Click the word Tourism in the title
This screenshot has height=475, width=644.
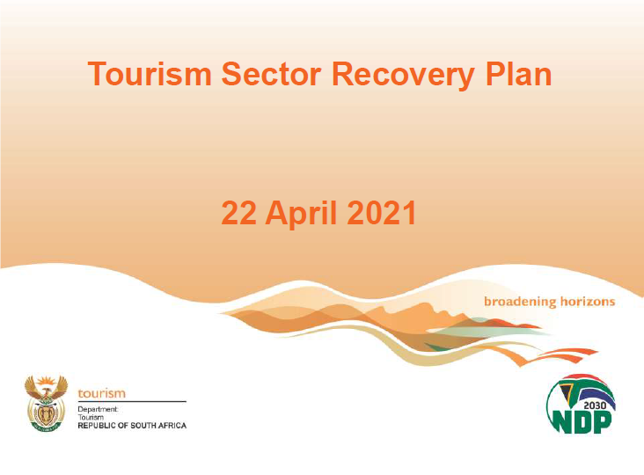pos(150,74)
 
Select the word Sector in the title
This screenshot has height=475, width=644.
pos(272,74)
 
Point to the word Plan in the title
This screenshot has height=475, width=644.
pos(518,73)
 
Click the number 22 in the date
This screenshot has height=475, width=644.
pos(239,213)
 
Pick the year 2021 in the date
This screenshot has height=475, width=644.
pos(382,213)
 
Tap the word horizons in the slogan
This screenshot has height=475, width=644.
pos(588,302)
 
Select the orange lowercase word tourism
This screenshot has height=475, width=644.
pos(101,393)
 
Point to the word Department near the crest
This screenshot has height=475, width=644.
pos(98,410)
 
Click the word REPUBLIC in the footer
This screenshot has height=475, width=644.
pos(97,426)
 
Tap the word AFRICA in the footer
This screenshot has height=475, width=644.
pos(172,426)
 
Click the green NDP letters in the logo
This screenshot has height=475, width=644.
pos(581,421)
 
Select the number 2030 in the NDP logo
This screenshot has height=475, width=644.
pos(595,406)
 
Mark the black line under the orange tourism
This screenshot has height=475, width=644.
pos(132,401)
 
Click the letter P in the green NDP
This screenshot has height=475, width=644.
pos(601,421)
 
